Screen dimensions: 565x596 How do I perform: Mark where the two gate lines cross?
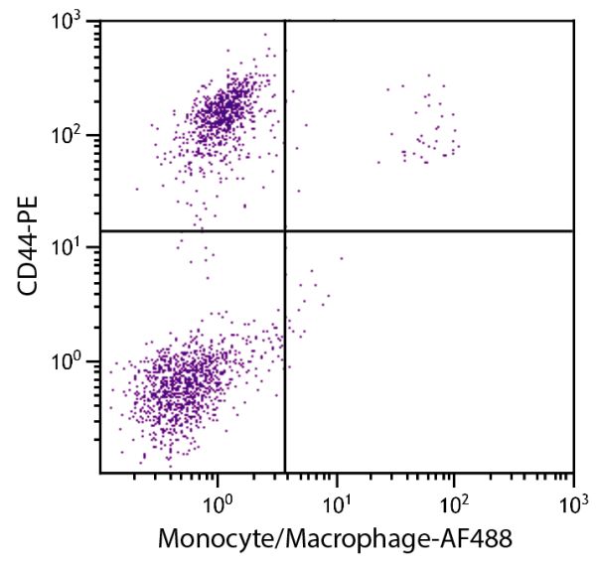(285, 230)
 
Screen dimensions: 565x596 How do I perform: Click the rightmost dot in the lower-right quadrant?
(341, 258)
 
